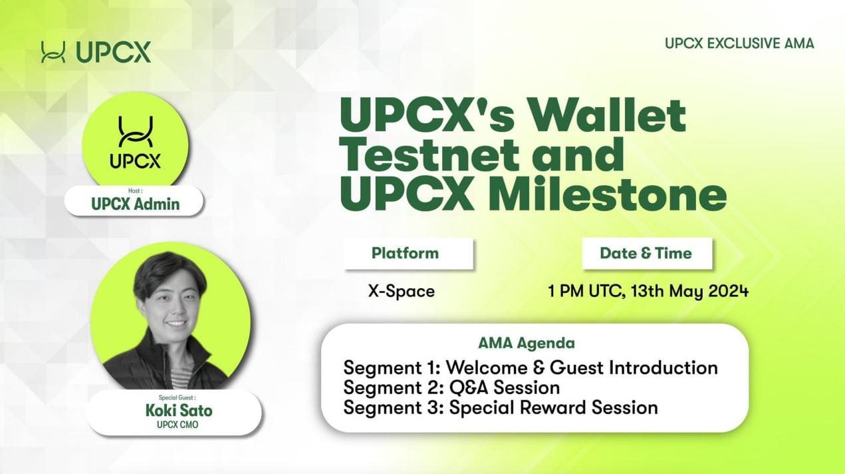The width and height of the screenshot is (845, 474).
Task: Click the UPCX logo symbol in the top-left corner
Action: tap(53, 52)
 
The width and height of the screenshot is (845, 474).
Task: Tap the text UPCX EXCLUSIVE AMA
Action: tap(739, 43)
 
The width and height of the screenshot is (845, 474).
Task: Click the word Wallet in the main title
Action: tap(606, 115)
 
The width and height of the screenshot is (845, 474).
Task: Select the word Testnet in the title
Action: tap(429, 155)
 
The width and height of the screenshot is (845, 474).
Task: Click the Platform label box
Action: tap(409, 254)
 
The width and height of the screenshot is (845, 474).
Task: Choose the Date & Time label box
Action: tap(647, 254)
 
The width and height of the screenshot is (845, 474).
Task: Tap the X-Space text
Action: tap(402, 291)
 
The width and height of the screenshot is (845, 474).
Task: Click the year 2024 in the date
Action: tap(729, 291)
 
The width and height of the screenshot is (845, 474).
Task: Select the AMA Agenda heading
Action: tap(527, 343)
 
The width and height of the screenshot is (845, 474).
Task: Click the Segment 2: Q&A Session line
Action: tap(451, 387)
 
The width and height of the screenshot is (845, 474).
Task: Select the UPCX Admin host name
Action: tap(136, 204)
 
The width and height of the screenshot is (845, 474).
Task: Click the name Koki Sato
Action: tap(179, 410)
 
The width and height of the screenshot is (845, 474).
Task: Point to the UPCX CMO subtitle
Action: tap(178, 425)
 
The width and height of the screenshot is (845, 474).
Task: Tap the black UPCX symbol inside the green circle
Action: tap(136, 131)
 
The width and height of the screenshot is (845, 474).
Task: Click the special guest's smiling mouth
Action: tap(176, 324)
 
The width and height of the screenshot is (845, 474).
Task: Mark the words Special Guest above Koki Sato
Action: tap(177, 397)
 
